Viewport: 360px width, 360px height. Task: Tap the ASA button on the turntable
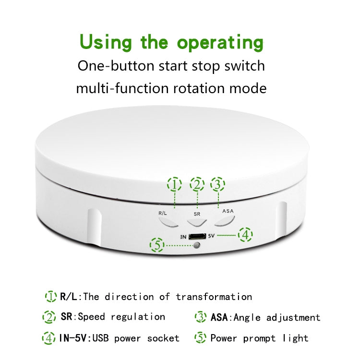(225, 221)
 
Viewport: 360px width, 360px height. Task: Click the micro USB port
(196, 236)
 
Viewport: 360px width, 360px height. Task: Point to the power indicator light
(196, 246)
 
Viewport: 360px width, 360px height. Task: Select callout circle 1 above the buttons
(174, 184)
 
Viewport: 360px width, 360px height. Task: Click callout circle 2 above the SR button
(197, 184)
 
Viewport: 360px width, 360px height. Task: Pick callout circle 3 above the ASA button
(218, 184)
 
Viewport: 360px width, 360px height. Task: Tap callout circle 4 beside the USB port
(245, 235)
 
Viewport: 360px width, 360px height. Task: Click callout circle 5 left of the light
(156, 246)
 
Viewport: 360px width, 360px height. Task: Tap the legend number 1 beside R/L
(50, 297)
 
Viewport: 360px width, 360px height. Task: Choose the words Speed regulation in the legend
(121, 317)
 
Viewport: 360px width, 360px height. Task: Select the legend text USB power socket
(136, 338)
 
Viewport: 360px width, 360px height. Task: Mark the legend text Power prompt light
(259, 338)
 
